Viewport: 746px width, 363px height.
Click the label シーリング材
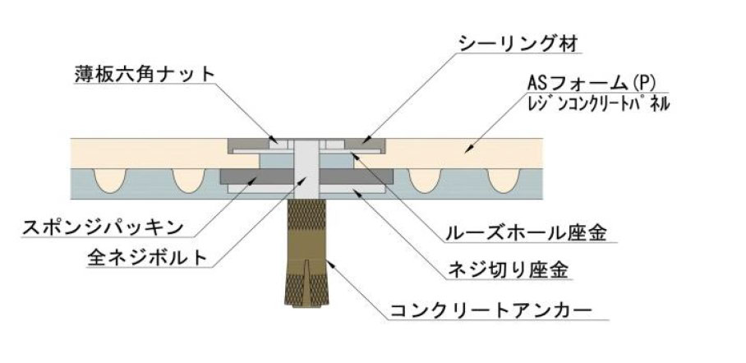518,44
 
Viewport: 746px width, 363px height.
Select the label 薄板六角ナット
145,74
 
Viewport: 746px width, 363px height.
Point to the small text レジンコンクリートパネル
598,103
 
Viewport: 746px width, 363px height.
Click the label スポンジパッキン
103,227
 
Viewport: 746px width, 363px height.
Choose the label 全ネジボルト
148,257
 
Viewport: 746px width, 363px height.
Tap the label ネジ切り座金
508,270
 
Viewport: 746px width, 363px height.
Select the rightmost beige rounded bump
504,181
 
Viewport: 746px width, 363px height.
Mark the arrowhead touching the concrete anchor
329,263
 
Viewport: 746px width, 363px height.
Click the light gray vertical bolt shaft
306,169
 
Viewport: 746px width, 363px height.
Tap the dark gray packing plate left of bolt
257,177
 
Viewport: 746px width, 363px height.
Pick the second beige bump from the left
188,181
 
